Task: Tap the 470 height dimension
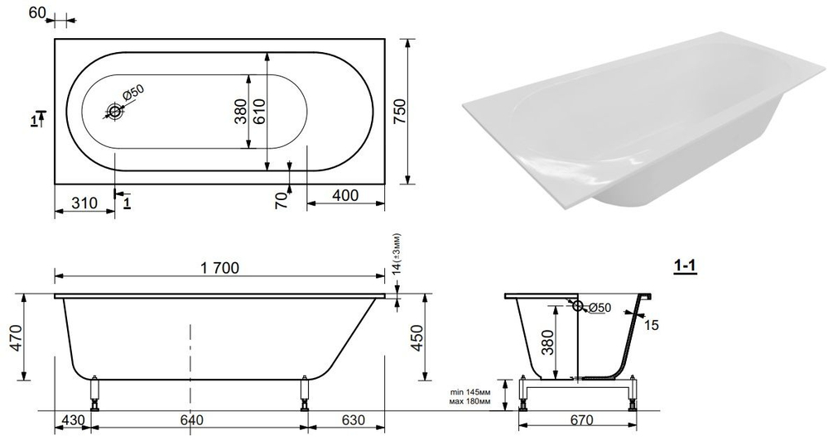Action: pyautogui.click(x=14, y=337)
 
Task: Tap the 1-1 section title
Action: pyautogui.click(x=684, y=266)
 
